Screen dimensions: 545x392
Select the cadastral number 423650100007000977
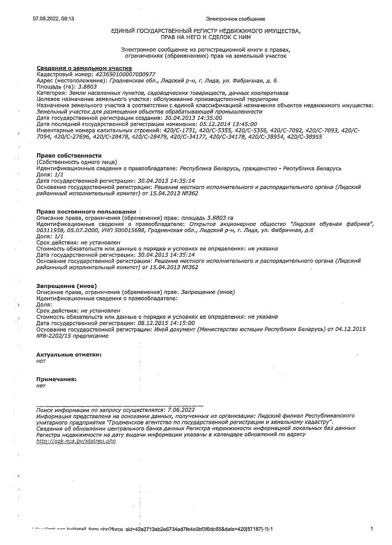coord(124,74)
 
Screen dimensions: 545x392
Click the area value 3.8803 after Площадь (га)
coord(88,86)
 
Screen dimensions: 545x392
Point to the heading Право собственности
coord(69,156)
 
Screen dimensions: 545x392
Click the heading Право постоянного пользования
coord(86,212)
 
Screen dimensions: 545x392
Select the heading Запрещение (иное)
coord(66,286)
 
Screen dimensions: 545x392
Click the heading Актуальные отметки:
coord(69,354)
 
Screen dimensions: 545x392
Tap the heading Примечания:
coord(56,379)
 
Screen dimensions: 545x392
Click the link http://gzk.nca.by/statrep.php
coord(76,441)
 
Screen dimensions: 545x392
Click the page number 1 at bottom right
coord(372,529)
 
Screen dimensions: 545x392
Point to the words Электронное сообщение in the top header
coord(235,19)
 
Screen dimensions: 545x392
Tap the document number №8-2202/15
coord(54,336)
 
